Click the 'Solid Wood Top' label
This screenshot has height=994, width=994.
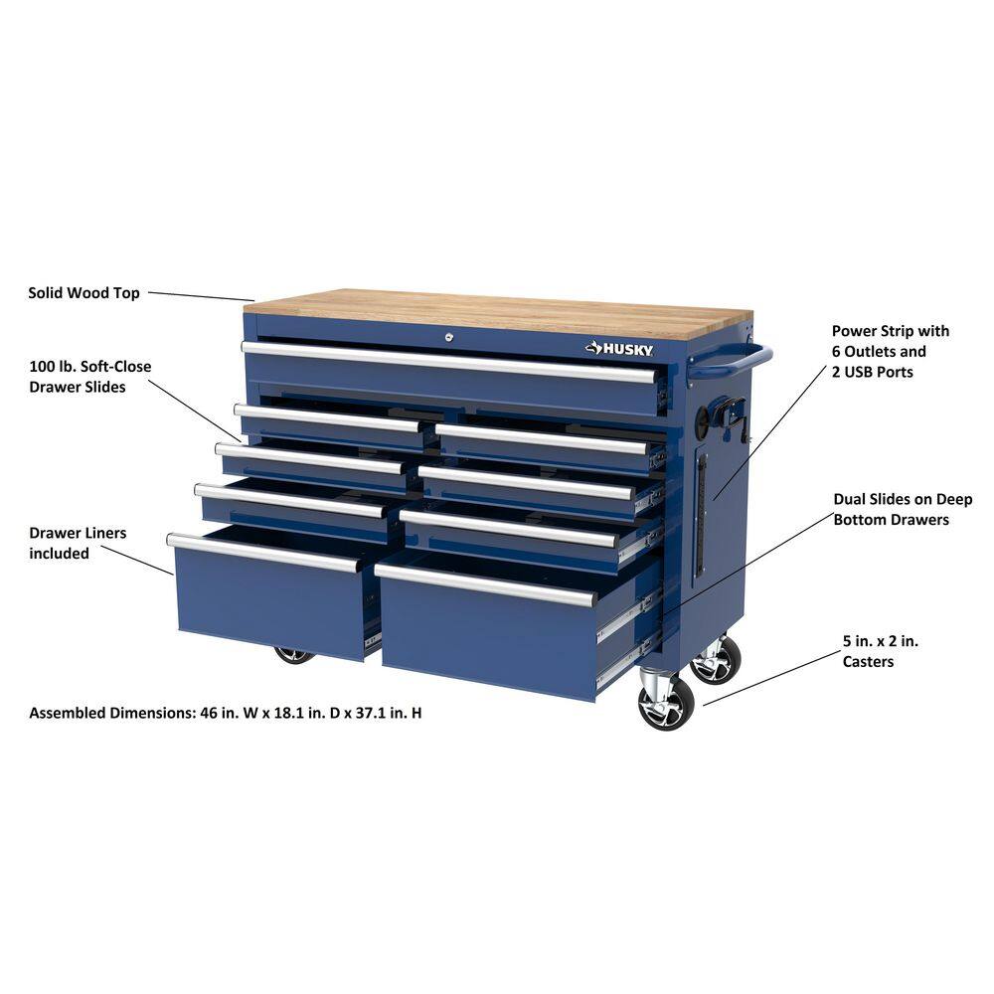click(x=83, y=293)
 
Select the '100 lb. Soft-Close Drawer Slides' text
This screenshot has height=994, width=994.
click(x=90, y=377)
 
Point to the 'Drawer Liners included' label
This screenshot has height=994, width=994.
click(x=78, y=543)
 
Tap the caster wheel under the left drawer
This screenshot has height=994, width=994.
click(x=294, y=655)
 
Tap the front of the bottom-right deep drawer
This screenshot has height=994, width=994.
click(x=487, y=636)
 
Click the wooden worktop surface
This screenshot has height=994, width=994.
click(x=497, y=310)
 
